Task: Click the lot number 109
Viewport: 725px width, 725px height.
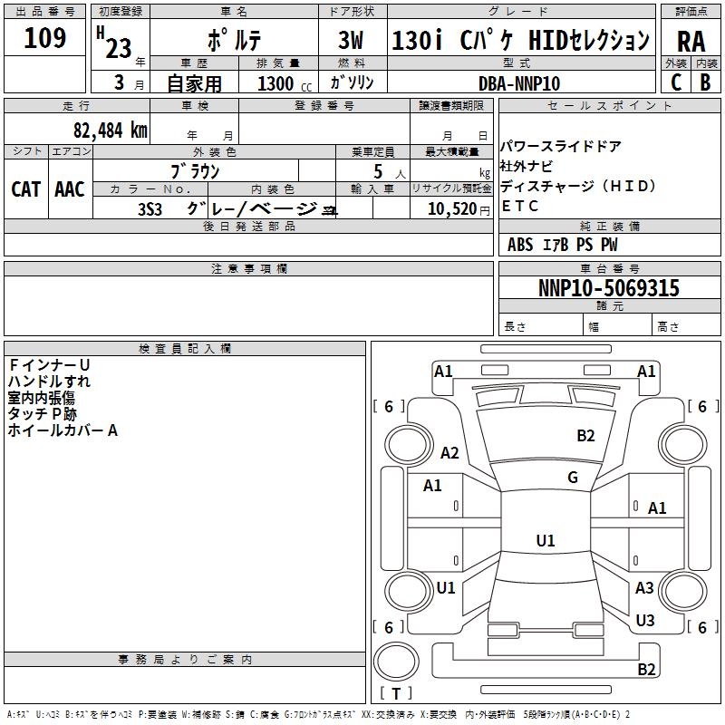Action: [x=44, y=37]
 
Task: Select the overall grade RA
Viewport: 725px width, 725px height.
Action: [x=691, y=42]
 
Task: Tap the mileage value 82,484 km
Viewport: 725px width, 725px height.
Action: [x=111, y=130]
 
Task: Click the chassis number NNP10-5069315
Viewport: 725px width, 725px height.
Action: [x=609, y=287]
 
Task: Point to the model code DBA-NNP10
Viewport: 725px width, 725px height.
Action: [x=519, y=83]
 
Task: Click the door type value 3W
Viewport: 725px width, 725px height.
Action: [x=351, y=40]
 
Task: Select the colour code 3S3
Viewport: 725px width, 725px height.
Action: [x=150, y=209]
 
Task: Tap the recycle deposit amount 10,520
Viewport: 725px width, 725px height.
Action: [x=452, y=209]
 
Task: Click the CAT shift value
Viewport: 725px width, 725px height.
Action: [x=26, y=189]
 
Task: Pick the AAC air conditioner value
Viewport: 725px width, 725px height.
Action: [x=70, y=189]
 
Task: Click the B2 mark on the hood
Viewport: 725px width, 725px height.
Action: [x=585, y=436]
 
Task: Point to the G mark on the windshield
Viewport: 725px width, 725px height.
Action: [x=573, y=478]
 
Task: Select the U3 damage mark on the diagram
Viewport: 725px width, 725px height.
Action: [x=645, y=620]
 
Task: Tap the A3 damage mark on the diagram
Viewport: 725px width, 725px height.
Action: [x=644, y=587]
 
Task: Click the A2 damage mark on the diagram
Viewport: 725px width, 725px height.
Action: [x=449, y=452]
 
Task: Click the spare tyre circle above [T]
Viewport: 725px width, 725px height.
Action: [x=396, y=662]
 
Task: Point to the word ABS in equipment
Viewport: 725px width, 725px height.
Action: [x=520, y=245]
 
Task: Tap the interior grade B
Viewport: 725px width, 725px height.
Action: [x=705, y=82]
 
